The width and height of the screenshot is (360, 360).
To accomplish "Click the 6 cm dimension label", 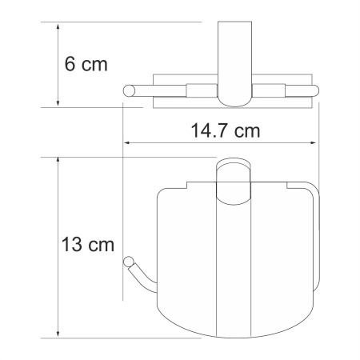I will coord(86,63).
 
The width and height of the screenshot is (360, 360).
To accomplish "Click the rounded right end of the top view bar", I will coord(316,90).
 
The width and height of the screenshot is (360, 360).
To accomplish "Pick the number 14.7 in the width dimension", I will coord(209,130).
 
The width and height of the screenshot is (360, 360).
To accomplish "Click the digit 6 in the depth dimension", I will coord(70,63).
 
